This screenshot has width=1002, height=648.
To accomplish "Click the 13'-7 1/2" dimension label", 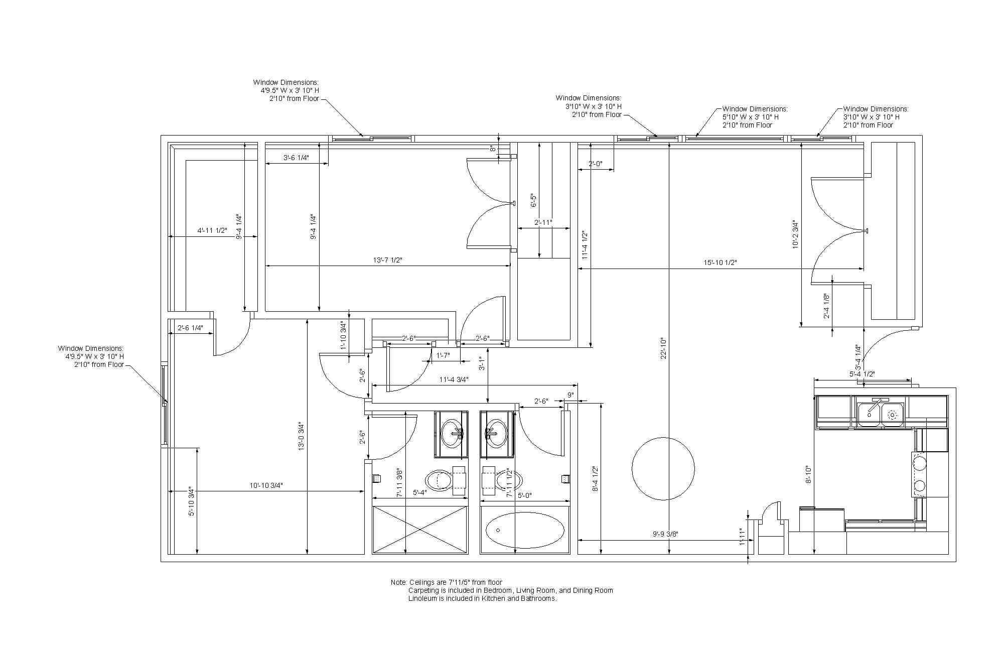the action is tap(388, 260).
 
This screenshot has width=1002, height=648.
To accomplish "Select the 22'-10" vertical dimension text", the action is tap(663, 348).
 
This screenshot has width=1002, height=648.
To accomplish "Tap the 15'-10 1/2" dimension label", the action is tap(720, 263).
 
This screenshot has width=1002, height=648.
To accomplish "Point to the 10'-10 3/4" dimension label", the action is tap(266, 485).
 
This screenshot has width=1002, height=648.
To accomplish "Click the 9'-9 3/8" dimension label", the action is tap(665, 534).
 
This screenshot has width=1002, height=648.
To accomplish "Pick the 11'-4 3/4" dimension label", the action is tap(454, 379).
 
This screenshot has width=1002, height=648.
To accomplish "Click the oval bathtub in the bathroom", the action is tap(525, 530).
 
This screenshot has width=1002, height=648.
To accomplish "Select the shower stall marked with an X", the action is tap(420, 530).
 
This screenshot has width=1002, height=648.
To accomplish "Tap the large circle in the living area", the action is tap(663, 469).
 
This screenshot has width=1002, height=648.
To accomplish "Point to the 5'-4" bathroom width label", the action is tap(419, 492).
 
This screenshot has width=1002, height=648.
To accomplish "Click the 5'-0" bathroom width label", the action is tap(524, 495).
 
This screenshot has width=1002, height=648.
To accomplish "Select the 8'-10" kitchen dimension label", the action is tap(808, 474).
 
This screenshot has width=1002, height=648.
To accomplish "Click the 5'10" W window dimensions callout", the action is tap(755, 117).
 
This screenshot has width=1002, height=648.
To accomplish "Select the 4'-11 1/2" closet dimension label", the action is tap(212, 230).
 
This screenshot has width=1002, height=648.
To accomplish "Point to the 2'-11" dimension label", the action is tap(543, 222).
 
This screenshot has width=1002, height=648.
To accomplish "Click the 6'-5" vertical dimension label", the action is tap(534, 201).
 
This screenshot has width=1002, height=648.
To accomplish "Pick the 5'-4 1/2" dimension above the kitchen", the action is tap(862, 374).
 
